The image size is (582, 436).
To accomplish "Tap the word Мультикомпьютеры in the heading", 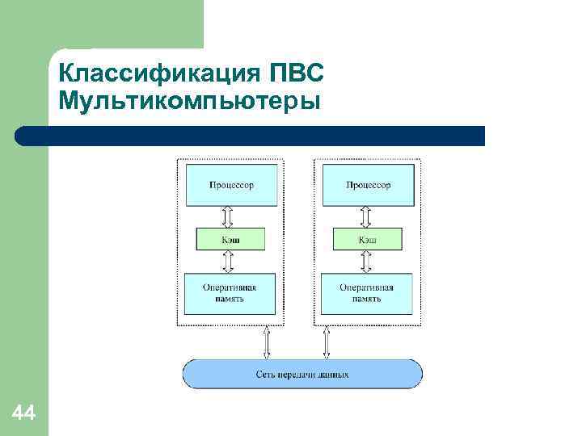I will pos(189,103).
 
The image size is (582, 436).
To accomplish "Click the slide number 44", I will pos(23,414).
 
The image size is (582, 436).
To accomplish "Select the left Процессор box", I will pos(231,185).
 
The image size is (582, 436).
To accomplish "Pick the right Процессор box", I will pos(368,185).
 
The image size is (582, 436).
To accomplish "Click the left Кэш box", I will pos(230,240).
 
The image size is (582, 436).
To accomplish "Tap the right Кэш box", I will pos(367,240).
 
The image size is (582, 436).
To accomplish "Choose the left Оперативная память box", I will pos(230,293).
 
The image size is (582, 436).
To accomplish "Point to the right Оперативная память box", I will pos(367,293).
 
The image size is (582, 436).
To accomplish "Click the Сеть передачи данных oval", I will pos(302,375).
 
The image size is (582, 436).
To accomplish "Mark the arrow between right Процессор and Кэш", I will pos(365,216).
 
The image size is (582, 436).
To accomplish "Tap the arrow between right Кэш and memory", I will pos(365,262).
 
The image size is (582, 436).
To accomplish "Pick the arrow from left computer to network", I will pos(267,342).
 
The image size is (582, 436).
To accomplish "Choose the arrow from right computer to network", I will pos(327,342).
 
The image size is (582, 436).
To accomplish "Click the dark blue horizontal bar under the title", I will pos(251,136).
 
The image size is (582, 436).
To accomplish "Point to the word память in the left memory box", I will pos(230,299).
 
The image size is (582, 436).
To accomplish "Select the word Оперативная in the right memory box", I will pos(367,287).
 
